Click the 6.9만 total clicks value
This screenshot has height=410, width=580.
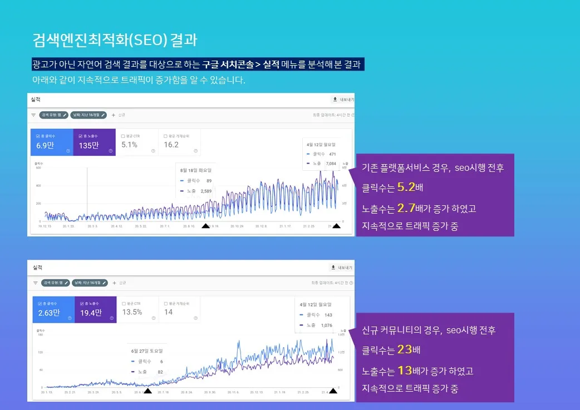[x=45, y=145]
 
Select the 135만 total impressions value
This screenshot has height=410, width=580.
[x=89, y=145]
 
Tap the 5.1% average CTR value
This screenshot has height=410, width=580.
[x=129, y=145]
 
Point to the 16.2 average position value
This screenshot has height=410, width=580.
[x=171, y=145]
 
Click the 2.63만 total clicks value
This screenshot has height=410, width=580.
[x=48, y=313]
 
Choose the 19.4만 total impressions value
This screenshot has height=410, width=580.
[x=91, y=313]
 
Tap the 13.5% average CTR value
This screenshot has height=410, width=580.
[x=132, y=312]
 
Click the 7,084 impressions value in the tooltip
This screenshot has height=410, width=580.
[x=331, y=164]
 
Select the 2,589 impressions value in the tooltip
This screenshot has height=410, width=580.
[x=206, y=191]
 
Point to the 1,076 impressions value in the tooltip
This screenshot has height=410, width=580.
[x=327, y=325]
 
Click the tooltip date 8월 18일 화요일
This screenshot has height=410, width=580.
[x=196, y=170]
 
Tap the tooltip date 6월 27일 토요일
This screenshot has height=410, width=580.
[x=147, y=351]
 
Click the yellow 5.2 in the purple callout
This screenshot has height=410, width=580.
[x=406, y=187]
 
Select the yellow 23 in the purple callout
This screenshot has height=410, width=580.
[x=405, y=350]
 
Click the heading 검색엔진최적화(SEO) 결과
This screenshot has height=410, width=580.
[x=115, y=41]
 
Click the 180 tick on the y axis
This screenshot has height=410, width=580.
[x=40, y=335]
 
